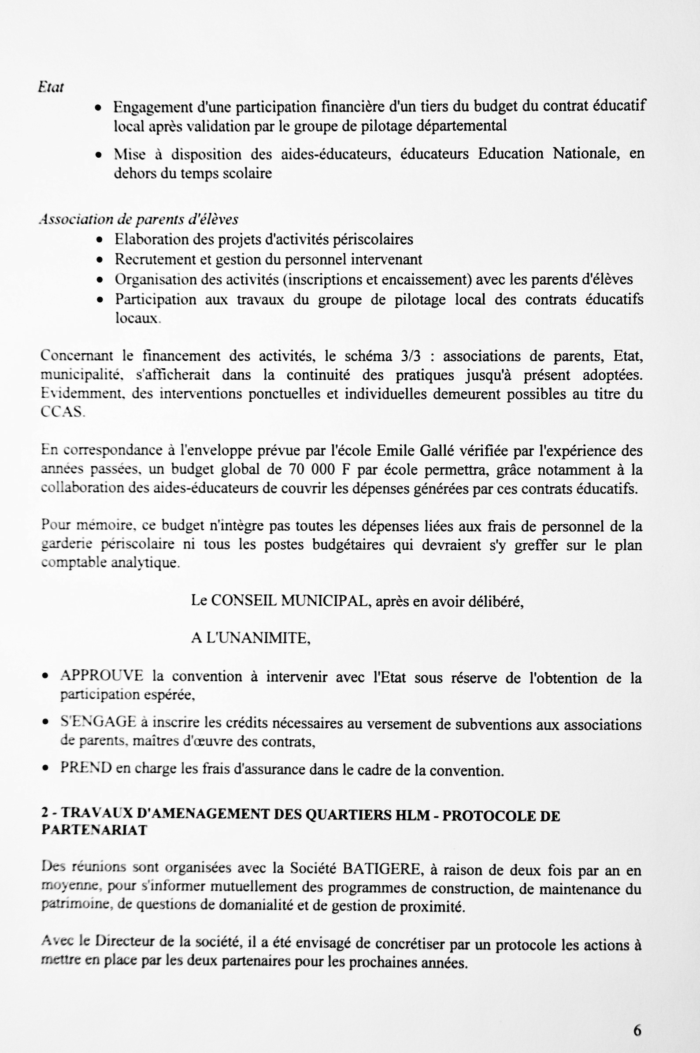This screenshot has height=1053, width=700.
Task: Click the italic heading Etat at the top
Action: [x=51, y=88]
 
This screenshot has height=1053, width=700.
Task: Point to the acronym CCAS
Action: [x=62, y=412]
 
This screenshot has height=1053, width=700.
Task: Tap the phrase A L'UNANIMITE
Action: [x=251, y=638]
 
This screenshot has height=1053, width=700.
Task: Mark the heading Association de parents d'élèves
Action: [x=138, y=219]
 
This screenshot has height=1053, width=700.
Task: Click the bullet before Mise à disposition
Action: [x=99, y=155]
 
